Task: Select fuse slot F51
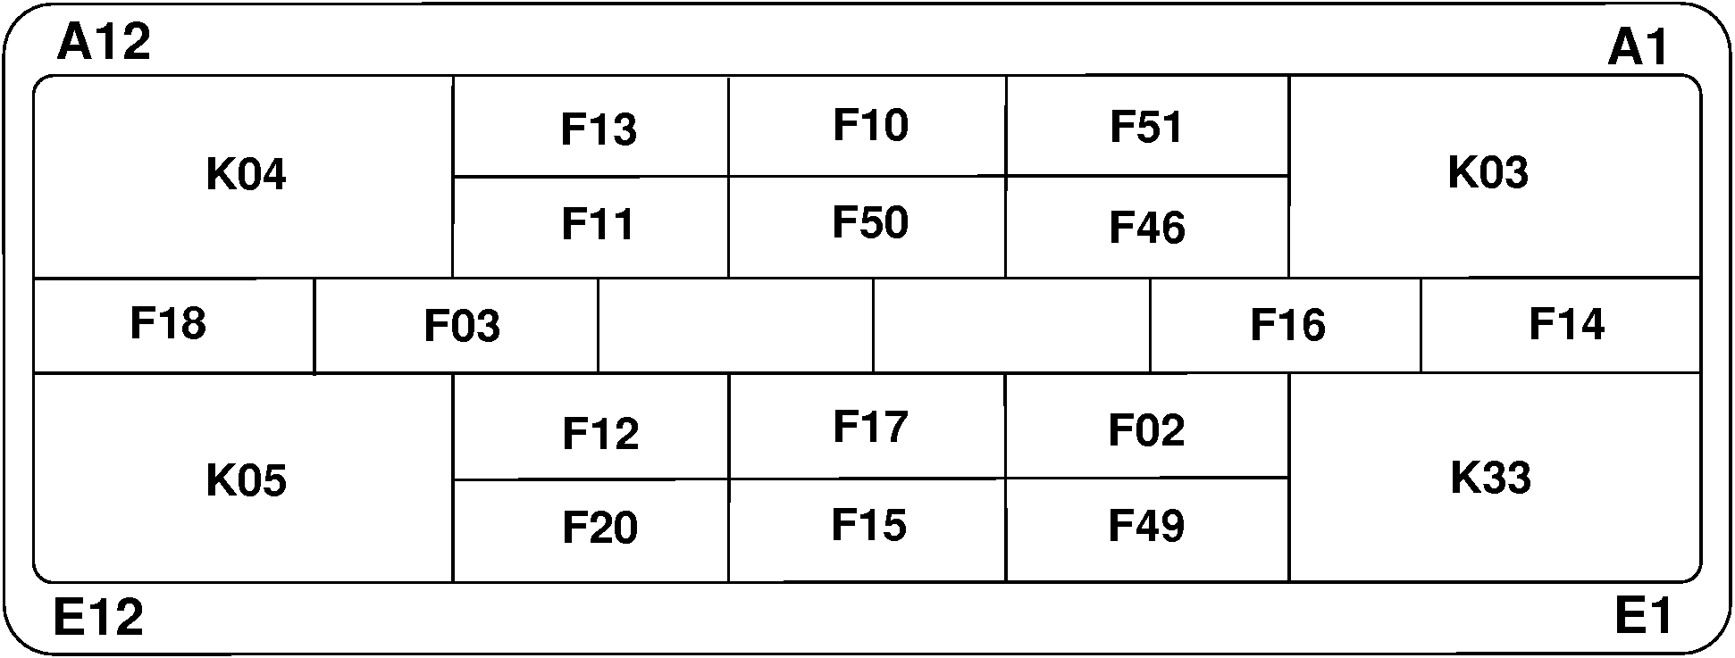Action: pyautogui.click(x=1147, y=126)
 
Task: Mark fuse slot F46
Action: pyautogui.click(x=1147, y=227)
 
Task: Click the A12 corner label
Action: pyautogui.click(x=104, y=42)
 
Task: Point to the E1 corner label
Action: pyautogui.click(x=1642, y=616)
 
